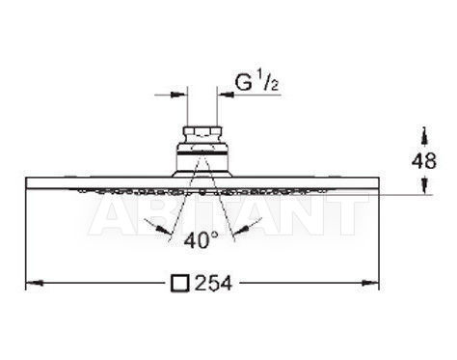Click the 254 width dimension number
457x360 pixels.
click(213, 284)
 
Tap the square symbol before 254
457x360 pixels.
click(179, 284)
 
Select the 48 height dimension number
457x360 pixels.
click(424, 161)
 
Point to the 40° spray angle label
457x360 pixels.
click(202, 240)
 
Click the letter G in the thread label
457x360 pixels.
click(243, 83)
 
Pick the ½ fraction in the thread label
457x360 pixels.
click(267, 83)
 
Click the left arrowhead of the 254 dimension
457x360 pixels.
click(35, 283)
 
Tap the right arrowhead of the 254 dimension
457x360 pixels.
click(370, 283)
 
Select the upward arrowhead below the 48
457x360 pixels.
click(425, 185)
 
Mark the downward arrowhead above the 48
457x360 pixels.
click(425, 135)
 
